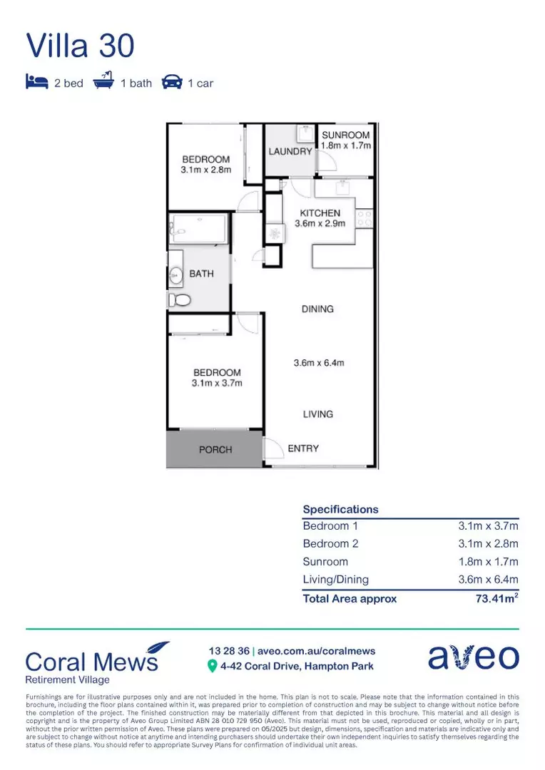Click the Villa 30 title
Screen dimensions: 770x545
coord(80,45)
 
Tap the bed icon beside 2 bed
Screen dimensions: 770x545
coord(36,83)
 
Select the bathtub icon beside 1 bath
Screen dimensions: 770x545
coord(103,83)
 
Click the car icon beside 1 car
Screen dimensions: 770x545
coord(172,83)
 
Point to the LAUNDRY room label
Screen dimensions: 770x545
coord(290,152)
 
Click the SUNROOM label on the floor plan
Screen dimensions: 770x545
coord(346,135)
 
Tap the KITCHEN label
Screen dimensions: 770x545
coord(320,213)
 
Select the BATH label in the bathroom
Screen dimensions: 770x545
coord(201,274)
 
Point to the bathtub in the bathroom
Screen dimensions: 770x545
coord(198,230)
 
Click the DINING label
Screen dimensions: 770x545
coord(317,309)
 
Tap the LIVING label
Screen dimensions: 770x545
coord(317,414)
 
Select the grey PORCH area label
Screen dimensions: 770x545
coord(215,449)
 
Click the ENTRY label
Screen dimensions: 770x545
coord(303,448)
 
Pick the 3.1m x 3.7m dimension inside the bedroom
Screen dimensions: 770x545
coord(217,384)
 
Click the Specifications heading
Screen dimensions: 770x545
coord(341,510)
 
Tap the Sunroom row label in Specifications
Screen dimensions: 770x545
coord(325,562)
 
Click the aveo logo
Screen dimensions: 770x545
coord(473,657)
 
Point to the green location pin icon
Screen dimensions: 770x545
coord(212,666)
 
